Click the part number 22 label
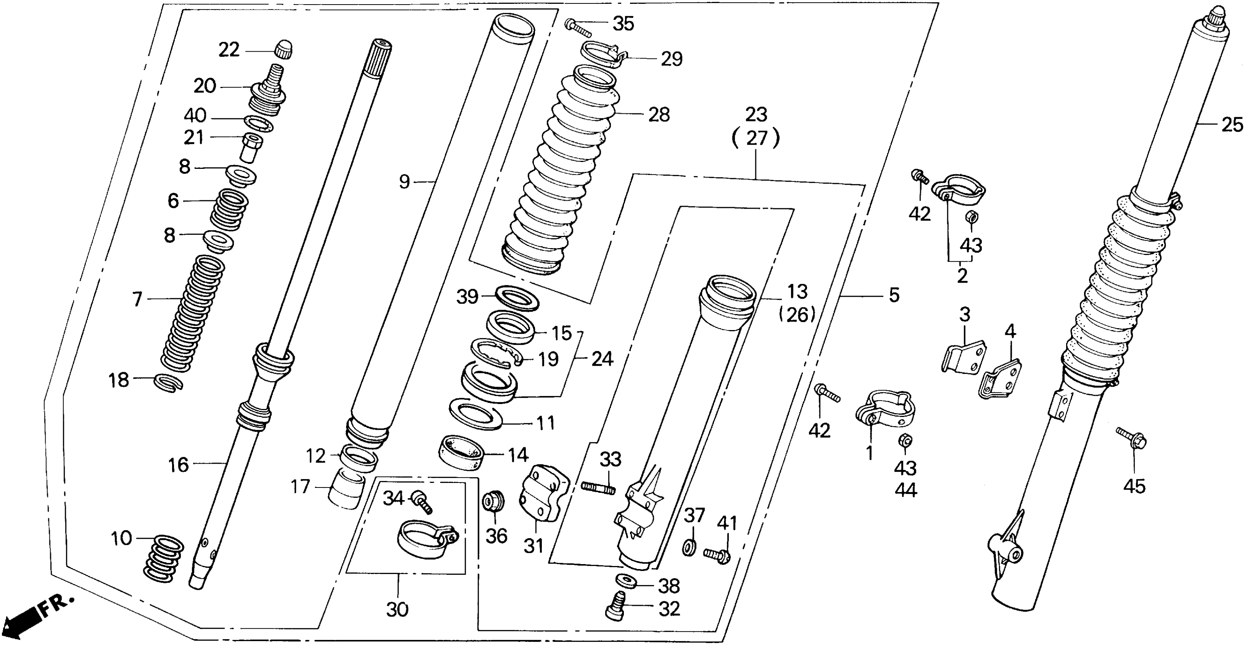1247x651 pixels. (228, 50)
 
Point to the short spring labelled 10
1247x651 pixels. (164, 558)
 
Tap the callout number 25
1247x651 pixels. (1232, 125)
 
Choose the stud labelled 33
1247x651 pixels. (598, 487)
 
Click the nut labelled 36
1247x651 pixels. (494, 502)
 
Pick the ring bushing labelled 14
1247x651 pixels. (461, 452)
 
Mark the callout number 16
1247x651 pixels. (178, 465)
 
